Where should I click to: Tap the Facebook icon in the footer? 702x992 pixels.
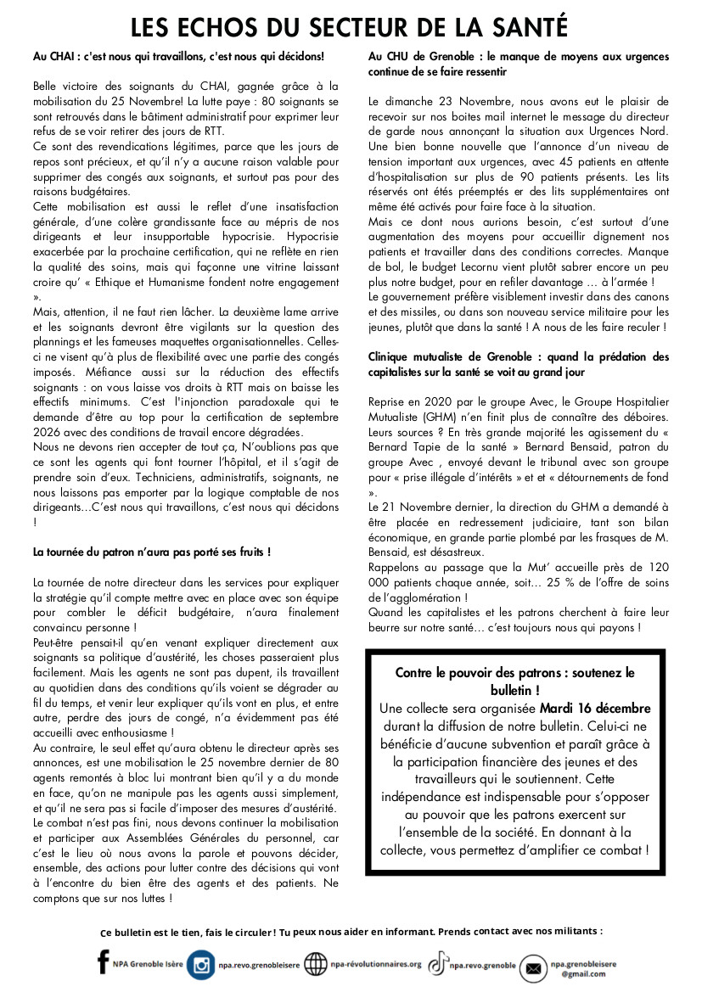coord(104,962)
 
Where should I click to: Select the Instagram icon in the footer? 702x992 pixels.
coord(201,965)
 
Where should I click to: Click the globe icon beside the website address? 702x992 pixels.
coord(316,965)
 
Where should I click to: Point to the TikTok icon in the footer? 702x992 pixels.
coord(437,964)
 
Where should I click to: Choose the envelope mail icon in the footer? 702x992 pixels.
coord(533,967)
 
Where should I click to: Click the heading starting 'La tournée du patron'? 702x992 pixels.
coord(152,552)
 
